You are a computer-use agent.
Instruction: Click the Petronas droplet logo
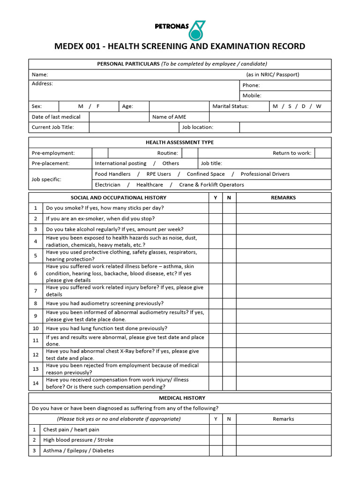click(x=197, y=30)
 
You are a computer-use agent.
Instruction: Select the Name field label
click(x=40, y=75)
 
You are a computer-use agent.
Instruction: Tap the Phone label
click(x=251, y=85)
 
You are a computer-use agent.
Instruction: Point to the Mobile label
click(x=252, y=96)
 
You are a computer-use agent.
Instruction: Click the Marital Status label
click(x=230, y=106)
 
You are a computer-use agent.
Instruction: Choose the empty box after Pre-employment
click(x=100, y=153)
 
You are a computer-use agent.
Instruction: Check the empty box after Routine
click(x=189, y=153)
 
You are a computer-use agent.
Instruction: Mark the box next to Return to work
click(x=322, y=153)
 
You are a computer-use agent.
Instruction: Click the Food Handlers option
click(x=112, y=174)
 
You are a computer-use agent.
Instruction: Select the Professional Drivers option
click(x=265, y=174)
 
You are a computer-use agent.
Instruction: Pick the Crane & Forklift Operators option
click(x=211, y=185)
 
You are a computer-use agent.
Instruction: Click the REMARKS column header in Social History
click(x=283, y=198)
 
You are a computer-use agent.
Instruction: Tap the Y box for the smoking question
click(x=215, y=208)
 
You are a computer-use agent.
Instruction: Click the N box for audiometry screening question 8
click(x=229, y=304)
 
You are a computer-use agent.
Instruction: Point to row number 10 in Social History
click(x=36, y=329)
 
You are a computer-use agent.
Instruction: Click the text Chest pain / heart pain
click(x=71, y=430)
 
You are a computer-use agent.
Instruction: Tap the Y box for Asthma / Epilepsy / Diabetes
click(x=215, y=451)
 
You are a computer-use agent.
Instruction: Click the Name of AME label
click(x=169, y=117)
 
